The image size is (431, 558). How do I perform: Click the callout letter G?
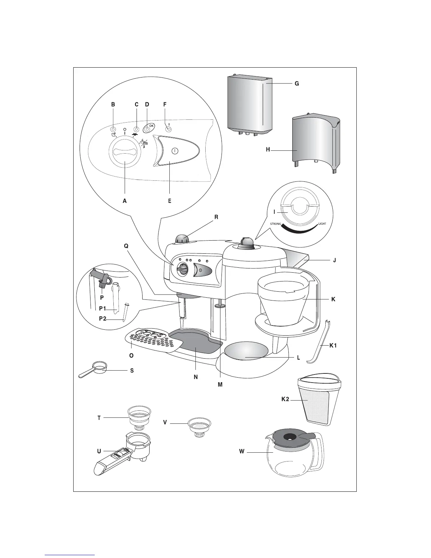click(x=297, y=84)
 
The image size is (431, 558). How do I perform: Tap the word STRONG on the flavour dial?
click(x=275, y=224)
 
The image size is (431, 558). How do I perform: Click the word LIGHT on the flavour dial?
click(x=322, y=224)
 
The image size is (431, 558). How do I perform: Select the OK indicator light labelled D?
click(x=147, y=129)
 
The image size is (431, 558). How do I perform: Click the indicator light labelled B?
click(x=113, y=129)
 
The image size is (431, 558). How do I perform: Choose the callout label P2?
click(x=102, y=318)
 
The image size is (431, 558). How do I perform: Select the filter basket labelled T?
click(x=139, y=416)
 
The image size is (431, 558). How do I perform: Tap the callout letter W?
click(x=242, y=452)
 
